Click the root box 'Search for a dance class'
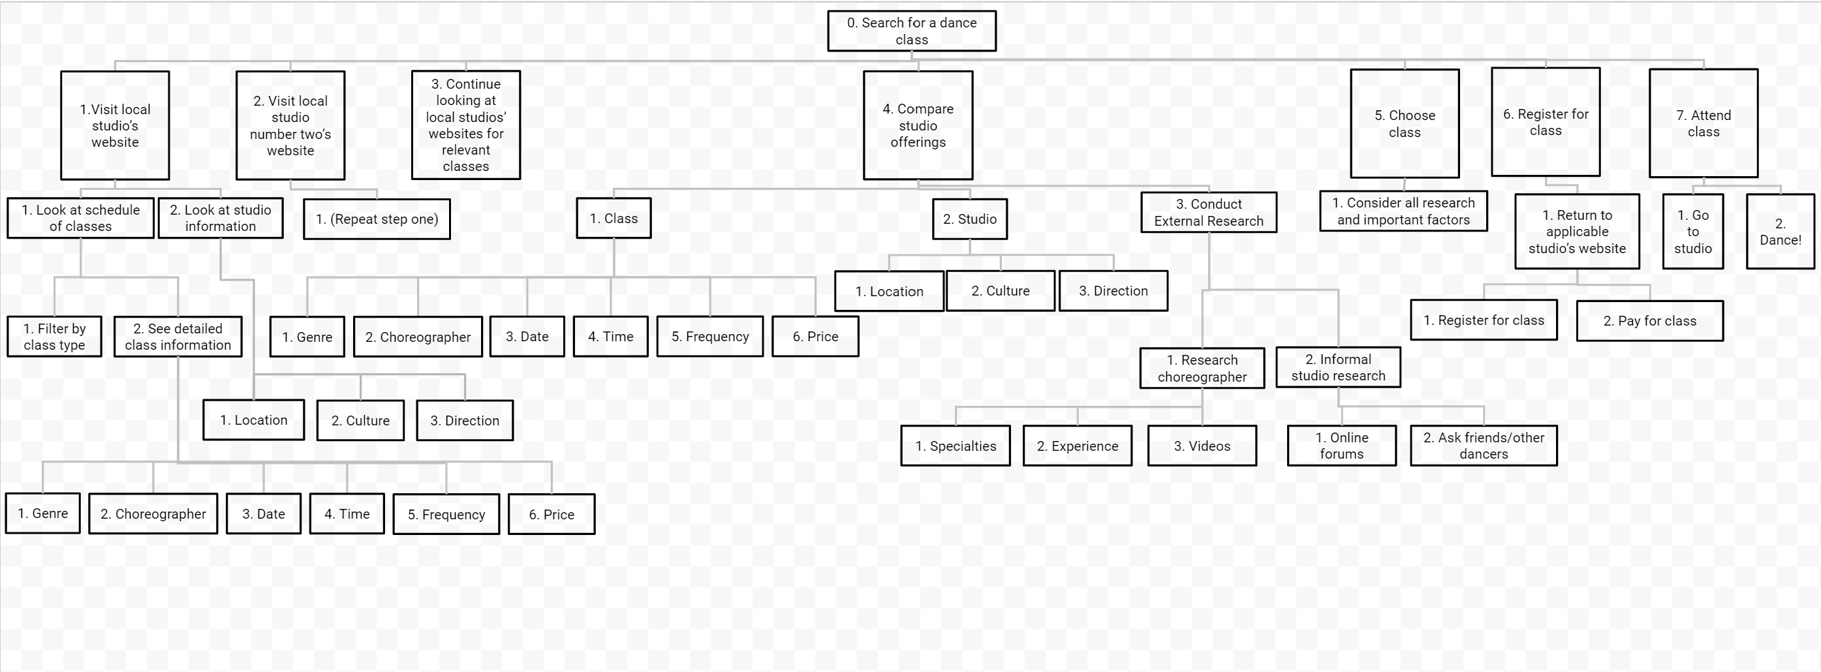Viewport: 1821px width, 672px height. point(912,31)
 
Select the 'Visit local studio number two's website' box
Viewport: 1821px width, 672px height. point(290,125)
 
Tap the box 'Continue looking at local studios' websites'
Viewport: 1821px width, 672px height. point(466,125)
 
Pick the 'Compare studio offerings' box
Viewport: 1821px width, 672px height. point(918,125)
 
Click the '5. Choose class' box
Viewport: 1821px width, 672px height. point(1405,124)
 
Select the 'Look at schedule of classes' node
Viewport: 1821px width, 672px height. point(80,218)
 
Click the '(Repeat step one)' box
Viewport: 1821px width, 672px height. point(377,219)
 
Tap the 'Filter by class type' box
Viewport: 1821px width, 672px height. point(54,337)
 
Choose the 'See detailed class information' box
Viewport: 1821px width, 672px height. point(178,337)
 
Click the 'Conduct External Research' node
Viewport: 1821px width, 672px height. point(1209,212)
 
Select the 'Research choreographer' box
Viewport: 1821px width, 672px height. point(1202,368)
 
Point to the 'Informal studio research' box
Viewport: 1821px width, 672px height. point(1338,367)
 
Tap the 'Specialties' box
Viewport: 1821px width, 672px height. point(956,446)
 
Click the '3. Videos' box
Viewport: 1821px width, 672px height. point(1202,446)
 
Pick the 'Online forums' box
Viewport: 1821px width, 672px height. point(1342,446)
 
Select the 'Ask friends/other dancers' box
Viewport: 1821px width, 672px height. point(1484,446)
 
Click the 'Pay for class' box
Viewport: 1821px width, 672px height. point(1650,321)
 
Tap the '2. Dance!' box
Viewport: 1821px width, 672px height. point(1781,232)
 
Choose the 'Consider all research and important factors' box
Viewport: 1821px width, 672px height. point(1404,211)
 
